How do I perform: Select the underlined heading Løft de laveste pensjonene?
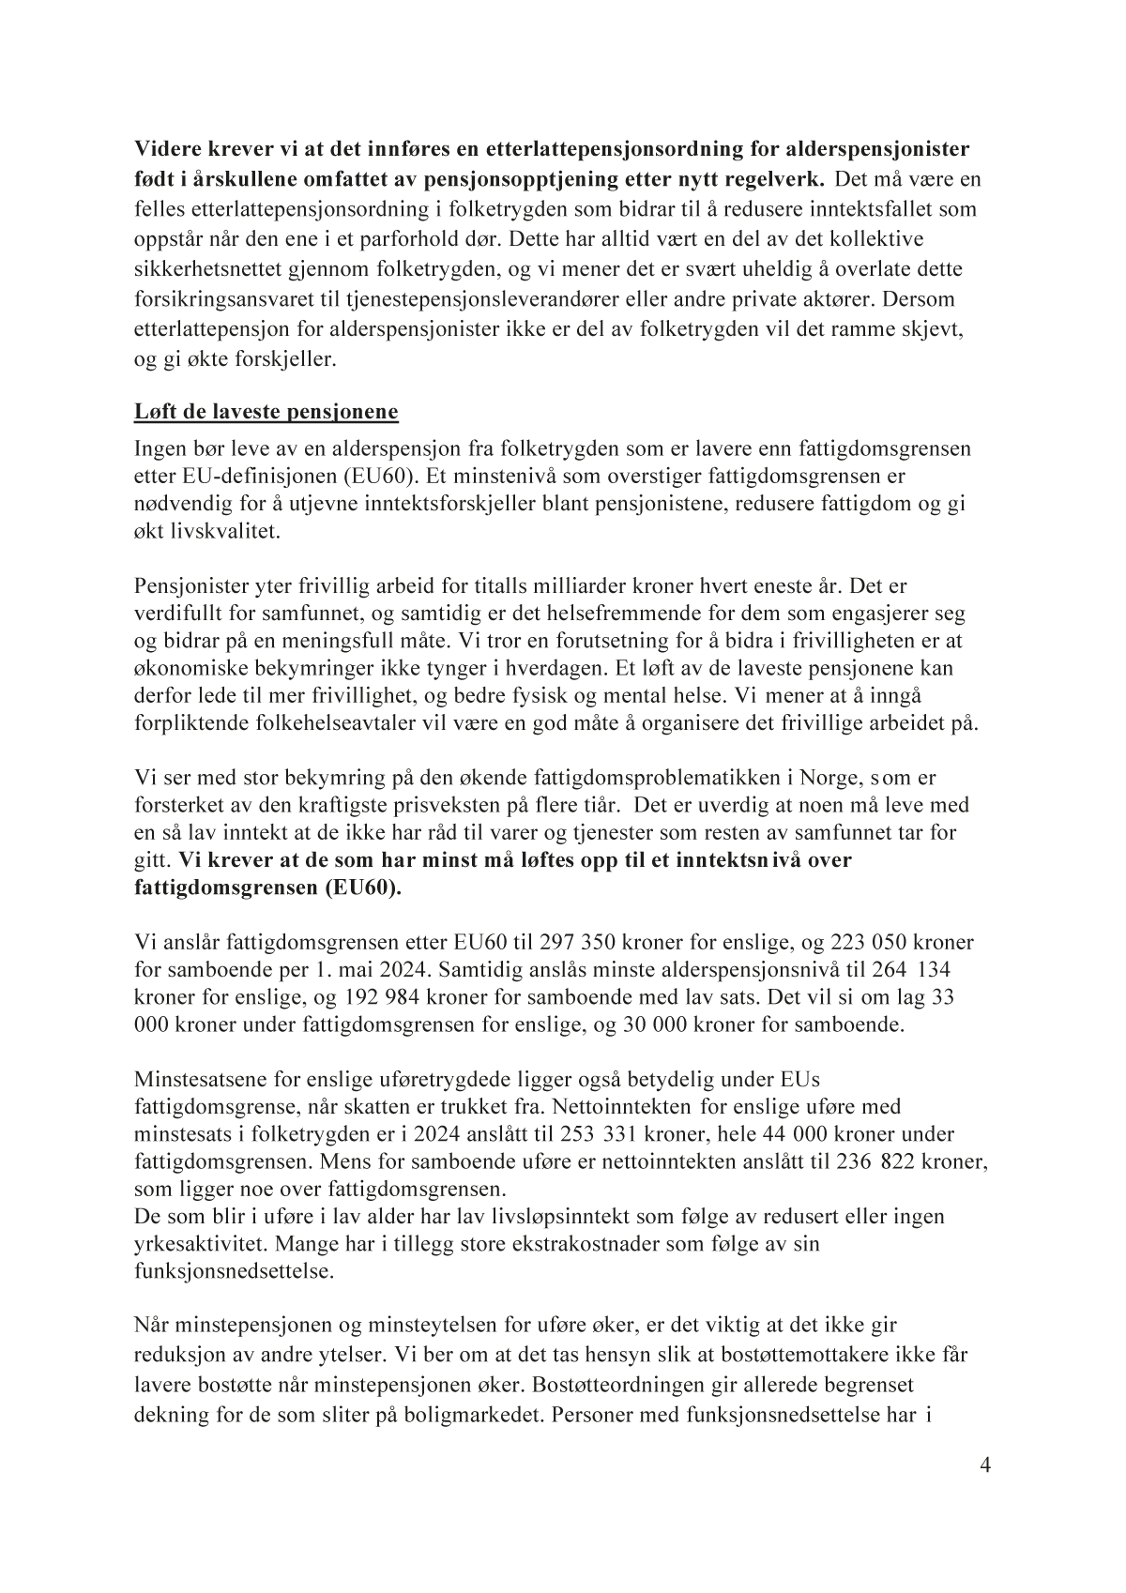click(266, 412)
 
